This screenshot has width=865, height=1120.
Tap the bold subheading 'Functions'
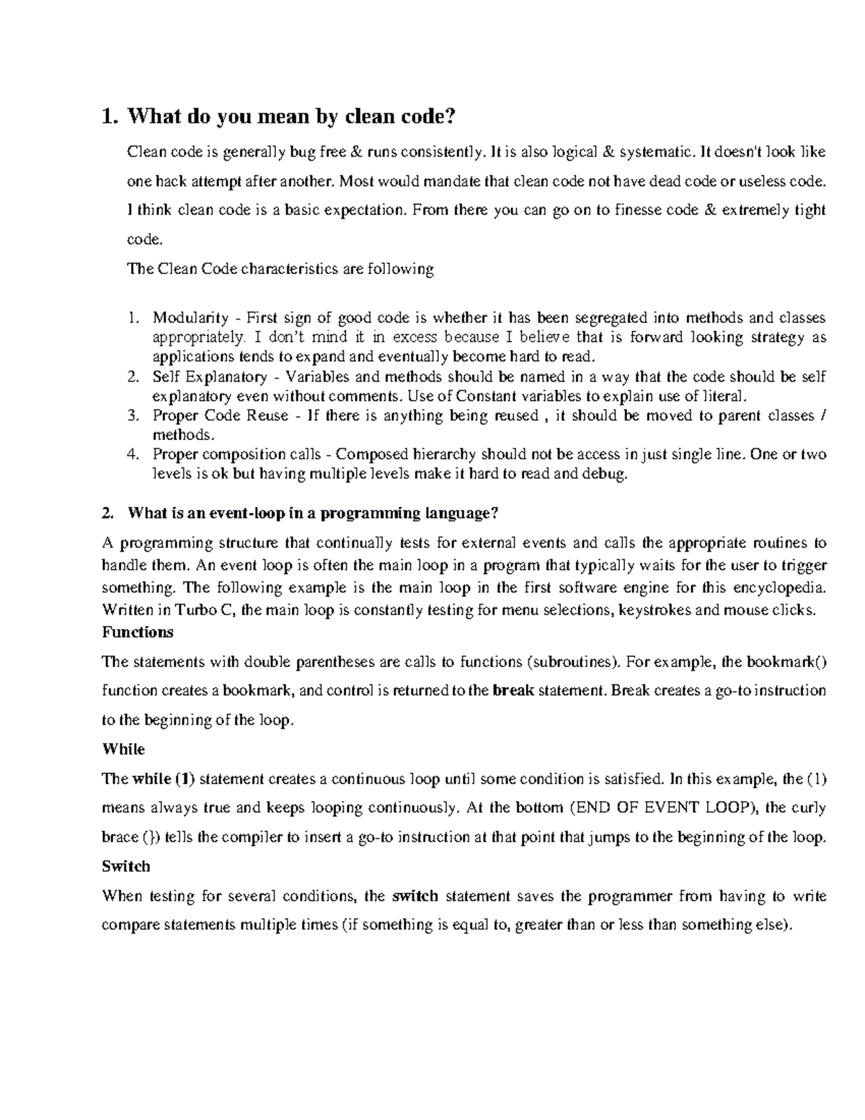click(138, 632)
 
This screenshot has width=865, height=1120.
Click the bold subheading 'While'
click(123, 749)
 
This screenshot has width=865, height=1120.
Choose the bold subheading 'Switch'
click(126, 866)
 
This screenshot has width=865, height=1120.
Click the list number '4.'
click(132, 454)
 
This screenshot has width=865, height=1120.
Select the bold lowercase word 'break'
click(513, 691)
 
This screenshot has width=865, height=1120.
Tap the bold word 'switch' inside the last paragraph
click(414, 896)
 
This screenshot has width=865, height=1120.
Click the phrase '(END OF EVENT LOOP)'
click(663, 808)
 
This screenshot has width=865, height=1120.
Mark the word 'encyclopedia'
click(778, 588)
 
